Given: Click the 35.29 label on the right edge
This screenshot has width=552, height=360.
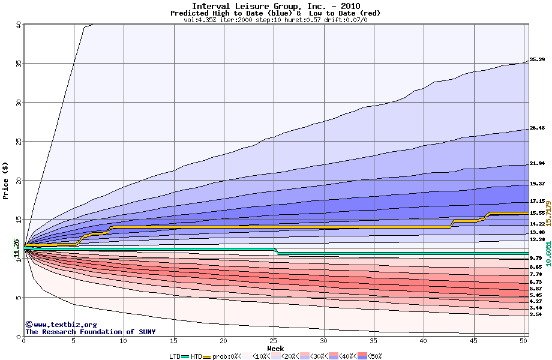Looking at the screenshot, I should [536, 60].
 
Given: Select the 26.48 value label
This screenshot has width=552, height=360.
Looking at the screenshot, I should [536, 128].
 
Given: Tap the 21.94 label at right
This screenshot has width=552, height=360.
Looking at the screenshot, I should [536, 163].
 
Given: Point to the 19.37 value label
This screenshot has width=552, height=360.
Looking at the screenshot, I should [536, 184].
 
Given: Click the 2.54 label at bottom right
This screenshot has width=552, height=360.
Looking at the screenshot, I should [536, 314].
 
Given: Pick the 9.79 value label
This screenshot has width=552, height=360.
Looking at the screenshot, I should [536, 258].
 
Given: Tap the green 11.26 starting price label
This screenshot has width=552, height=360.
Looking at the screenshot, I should [16, 248].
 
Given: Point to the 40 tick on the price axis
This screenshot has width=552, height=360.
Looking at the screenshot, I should [18, 25].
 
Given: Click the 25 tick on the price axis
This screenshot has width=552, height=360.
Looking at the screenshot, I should [18, 142].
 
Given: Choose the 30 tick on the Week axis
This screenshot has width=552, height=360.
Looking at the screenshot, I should [323, 341].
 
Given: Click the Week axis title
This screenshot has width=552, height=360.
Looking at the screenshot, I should [275, 349].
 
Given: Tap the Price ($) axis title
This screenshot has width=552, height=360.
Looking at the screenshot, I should [6, 181].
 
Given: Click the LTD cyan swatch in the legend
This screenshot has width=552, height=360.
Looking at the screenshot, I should [185, 356].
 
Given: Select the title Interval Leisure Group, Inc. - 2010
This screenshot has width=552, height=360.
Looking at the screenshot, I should [275, 6].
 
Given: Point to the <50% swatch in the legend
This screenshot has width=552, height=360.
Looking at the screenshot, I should [361, 356].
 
